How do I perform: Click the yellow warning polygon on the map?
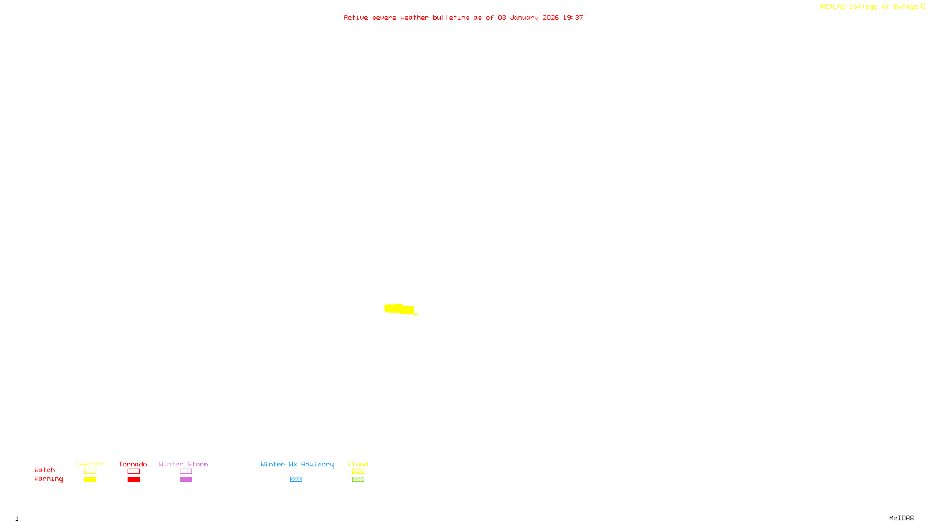click(400, 309)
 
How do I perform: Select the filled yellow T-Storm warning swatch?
click(90, 480)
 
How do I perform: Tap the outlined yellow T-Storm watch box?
click(90, 472)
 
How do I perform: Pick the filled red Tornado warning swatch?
click(133, 480)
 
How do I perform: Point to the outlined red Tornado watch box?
click(133, 472)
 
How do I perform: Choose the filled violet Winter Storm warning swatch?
click(186, 480)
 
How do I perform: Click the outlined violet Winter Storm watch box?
click(186, 472)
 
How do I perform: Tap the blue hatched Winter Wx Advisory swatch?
click(296, 480)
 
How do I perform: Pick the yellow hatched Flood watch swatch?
click(358, 472)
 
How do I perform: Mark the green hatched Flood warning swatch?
click(358, 480)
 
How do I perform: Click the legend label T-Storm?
click(89, 464)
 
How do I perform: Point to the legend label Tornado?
click(133, 464)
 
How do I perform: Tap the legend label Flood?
click(358, 464)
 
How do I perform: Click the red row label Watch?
click(45, 470)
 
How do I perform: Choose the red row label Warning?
click(48, 479)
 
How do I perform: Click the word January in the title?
click(524, 18)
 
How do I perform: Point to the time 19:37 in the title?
click(573, 18)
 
